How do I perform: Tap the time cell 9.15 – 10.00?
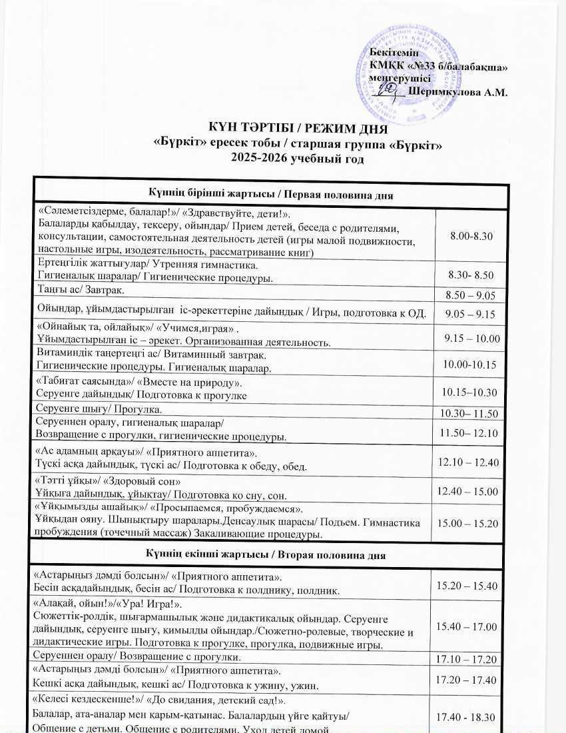pos(471,339)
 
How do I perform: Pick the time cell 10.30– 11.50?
pos(469,414)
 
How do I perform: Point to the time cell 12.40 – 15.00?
pos(467,491)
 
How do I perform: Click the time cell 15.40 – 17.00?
pos(467,626)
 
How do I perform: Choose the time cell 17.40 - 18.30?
pos(467,716)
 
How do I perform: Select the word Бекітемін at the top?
pos(393,53)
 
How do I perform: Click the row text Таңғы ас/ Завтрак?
pos(82,291)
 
